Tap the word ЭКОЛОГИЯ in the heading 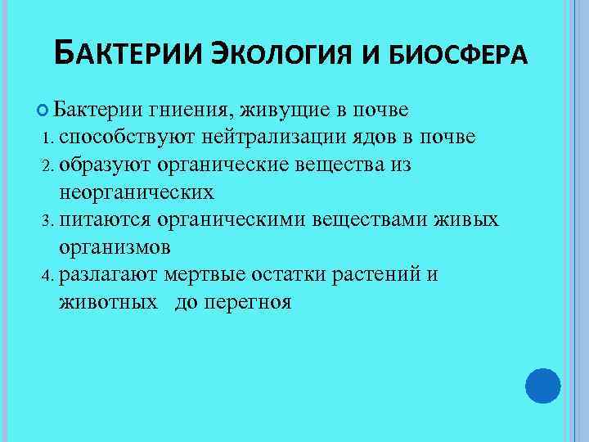tap(281, 54)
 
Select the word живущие tap(278, 110)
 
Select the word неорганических tap(137, 192)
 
